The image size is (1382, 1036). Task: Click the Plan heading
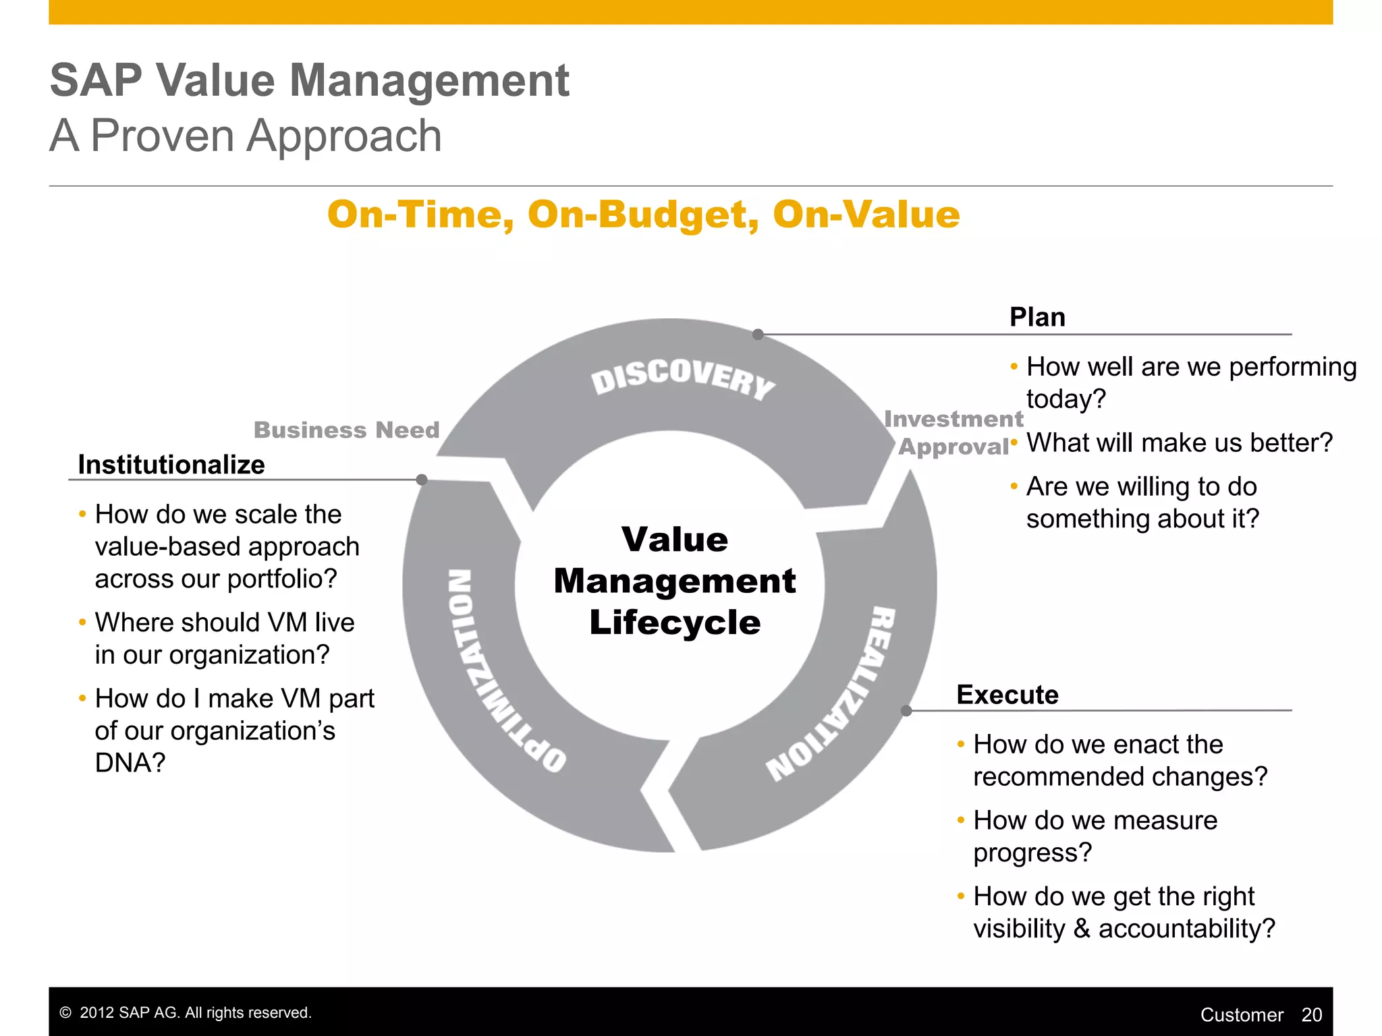[x=1037, y=317]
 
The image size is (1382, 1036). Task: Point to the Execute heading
[x=1007, y=695]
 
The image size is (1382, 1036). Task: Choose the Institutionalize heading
[x=171, y=465]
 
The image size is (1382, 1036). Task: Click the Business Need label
[x=346, y=430]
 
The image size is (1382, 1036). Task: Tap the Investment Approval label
[x=953, y=432]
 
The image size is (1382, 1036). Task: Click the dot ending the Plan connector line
[x=758, y=335]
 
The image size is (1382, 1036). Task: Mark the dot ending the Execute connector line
[x=906, y=711]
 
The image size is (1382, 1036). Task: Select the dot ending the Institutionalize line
[x=422, y=480]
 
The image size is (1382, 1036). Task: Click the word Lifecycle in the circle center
[x=675, y=623]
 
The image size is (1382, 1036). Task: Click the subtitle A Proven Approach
[x=246, y=136]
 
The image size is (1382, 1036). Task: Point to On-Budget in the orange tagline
[x=638, y=214]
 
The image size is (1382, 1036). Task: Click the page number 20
[x=1311, y=1014]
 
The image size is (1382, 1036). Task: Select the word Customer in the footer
[x=1241, y=1014]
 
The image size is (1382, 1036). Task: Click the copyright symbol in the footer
[x=65, y=1013]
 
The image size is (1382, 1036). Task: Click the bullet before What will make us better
[x=1014, y=442]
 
